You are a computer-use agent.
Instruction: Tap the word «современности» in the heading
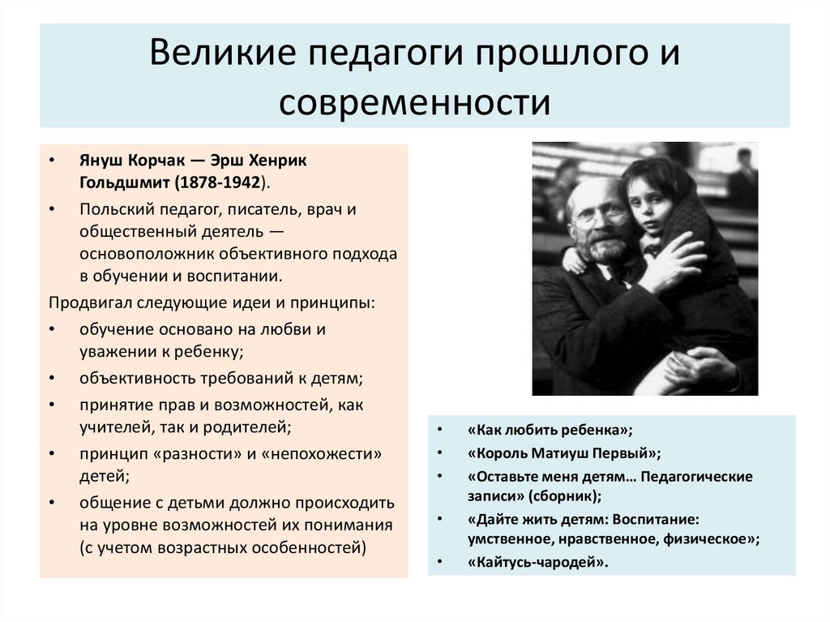click(414, 103)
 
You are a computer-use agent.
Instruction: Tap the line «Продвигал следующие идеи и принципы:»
click(212, 302)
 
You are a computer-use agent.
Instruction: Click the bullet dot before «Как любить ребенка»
click(439, 431)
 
